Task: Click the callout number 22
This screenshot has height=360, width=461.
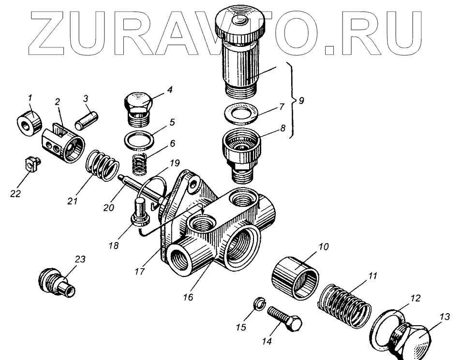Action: point(16,193)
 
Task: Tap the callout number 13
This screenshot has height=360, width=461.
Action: point(445,317)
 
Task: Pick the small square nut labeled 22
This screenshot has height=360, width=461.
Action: point(31,164)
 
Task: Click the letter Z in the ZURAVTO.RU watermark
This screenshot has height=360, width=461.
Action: point(53,32)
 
